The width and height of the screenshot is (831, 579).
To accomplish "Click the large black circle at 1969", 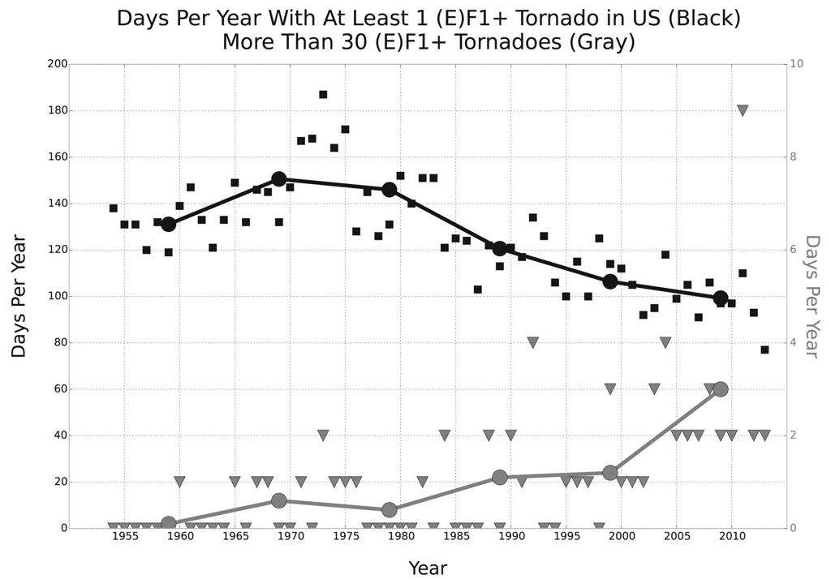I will [x=279, y=178].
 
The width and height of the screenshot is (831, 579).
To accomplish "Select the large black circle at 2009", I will [x=721, y=298].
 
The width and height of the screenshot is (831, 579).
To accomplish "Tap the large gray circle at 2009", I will [x=721, y=389].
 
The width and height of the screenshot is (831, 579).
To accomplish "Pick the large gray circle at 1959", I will [x=169, y=524].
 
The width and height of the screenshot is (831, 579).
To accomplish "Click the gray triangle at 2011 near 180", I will [x=743, y=110].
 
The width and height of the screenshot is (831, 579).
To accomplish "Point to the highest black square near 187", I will [x=323, y=95].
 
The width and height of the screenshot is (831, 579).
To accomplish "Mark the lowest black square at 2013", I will [x=764, y=350].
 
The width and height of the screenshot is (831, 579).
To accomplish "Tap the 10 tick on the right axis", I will [x=801, y=64].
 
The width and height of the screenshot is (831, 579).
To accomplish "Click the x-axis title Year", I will [x=428, y=568].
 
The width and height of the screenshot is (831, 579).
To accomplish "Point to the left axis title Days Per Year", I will [x=19, y=296].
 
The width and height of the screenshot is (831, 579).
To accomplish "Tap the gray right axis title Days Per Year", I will [x=812, y=296].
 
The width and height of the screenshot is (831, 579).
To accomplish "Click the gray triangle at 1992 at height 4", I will [x=533, y=343].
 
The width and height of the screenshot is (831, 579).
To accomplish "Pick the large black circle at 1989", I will [x=500, y=249].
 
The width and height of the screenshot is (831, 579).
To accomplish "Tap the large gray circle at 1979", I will [x=390, y=510].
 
